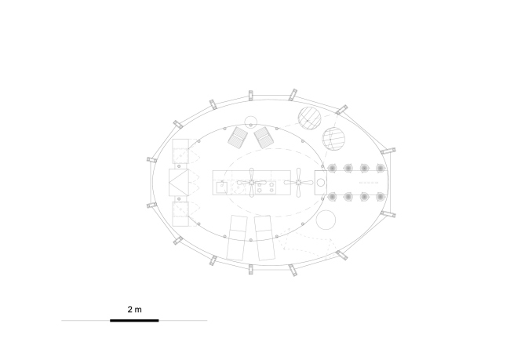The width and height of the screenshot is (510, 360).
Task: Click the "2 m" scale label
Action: (x=134, y=309)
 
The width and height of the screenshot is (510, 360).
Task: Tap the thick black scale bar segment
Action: (x=134, y=321)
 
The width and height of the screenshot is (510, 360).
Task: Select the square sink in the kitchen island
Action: (x=222, y=187)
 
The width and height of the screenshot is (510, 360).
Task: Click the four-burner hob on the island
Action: (x=265, y=187)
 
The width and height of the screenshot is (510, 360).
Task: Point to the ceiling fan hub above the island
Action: (x=251, y=183)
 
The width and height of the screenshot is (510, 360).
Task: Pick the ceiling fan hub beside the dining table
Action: (x=299, y=183)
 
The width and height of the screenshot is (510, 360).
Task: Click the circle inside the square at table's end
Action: (x=321, y=183)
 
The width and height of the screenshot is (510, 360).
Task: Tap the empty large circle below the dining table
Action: (x=326, y=220)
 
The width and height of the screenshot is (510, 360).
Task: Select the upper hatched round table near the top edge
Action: (x=310, y=118)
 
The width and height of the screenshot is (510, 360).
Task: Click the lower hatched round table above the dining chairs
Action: (x=333, y=139)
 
